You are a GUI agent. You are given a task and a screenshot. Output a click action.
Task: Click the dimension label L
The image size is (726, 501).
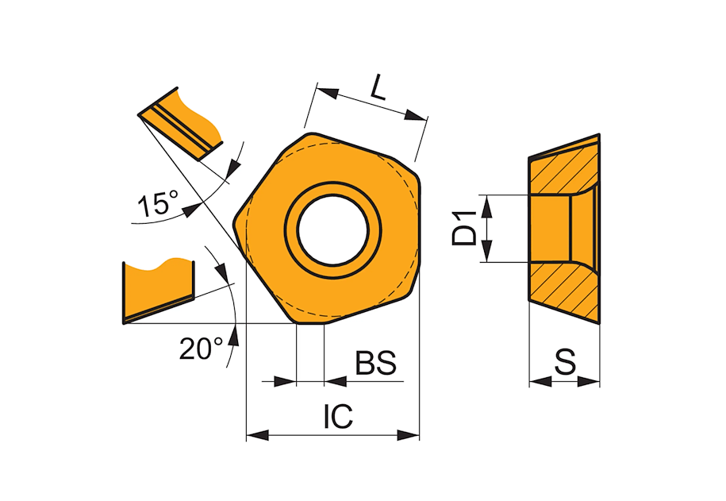coord(378,91)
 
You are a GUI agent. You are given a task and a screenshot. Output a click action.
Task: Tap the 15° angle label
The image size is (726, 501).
coord(158,203)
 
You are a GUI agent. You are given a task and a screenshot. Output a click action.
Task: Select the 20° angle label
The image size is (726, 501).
coord(201,349)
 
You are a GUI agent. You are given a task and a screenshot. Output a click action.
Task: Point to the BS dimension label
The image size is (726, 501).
coord(375,363)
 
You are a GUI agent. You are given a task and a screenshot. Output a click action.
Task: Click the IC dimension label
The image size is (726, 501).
coord(338,416)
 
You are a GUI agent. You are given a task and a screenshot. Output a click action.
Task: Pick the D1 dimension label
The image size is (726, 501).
coord(464,228)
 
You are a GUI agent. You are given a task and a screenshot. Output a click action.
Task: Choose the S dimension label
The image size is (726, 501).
coord(566,361)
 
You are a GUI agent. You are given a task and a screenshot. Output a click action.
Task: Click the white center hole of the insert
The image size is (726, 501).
coord(333,230)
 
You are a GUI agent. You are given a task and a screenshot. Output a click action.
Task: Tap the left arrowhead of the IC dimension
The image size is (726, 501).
coord(257,435)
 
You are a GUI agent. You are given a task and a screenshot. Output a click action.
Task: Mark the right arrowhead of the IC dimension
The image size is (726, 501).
coord(408,435)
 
